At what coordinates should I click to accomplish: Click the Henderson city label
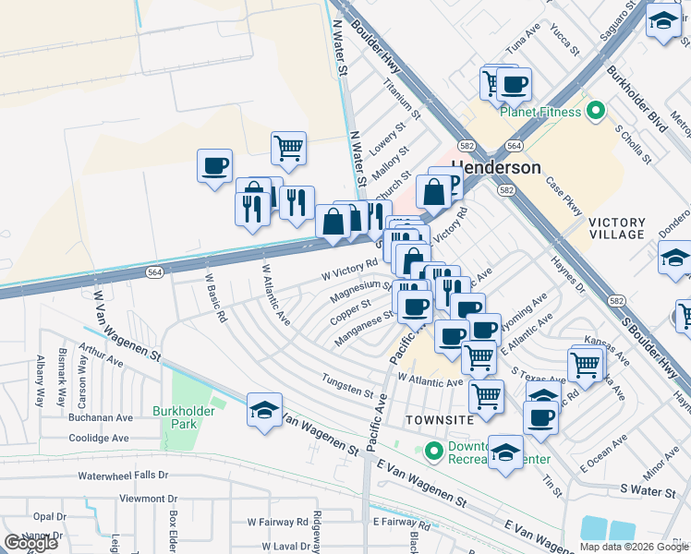click(496, 168)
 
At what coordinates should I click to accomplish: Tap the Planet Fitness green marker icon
click(596, 112)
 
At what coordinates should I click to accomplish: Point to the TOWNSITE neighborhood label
click(439, 419)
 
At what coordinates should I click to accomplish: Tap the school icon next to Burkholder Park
click(264, 410)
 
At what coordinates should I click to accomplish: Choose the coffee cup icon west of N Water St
click(214, 167)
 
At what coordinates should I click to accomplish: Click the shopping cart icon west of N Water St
click(288, 148)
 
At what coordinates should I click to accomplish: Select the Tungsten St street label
click(347, 384)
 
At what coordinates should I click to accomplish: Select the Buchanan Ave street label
click(100, 417)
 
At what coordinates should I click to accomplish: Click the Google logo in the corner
click(30, 542)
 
